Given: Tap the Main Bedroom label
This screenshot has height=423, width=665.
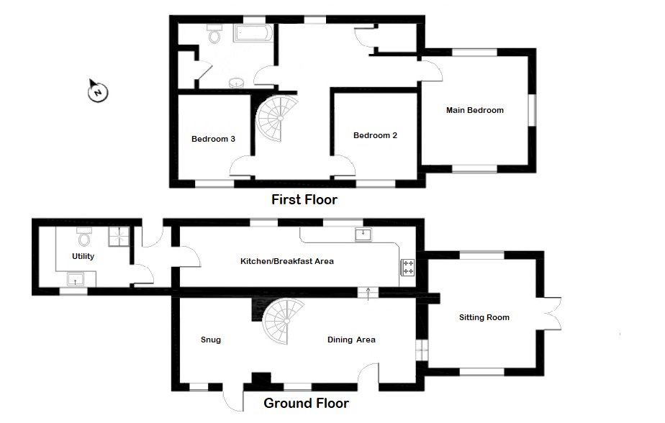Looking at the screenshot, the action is pos(474,110).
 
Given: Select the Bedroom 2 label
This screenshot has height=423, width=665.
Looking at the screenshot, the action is pos(375,135).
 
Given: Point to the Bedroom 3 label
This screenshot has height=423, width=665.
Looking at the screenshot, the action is pos(213,139).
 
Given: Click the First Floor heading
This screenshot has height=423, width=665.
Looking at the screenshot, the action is pos(304,200).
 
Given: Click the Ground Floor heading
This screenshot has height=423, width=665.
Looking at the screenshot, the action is pos(306,403).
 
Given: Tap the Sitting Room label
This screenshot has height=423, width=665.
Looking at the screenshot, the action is pos(484,317).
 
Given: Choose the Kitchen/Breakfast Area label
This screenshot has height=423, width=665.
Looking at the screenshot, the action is pos(286,262).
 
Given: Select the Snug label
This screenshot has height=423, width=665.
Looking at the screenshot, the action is pos(211,340).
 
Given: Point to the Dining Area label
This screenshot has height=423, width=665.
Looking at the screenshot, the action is pos(351,340).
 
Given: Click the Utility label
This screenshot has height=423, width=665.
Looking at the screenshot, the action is pos(83,256).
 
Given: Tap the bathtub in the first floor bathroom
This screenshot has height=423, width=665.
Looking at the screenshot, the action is pos(253,32).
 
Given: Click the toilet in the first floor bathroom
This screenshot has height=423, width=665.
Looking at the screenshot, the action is pos(215,34).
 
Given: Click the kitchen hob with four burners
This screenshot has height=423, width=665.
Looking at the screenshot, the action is pos(407,268).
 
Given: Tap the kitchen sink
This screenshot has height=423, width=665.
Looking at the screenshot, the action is pos(363,235).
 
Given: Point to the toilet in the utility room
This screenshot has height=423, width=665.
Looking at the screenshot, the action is pos(84,237).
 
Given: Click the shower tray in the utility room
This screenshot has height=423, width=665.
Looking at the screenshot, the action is pos(119,237).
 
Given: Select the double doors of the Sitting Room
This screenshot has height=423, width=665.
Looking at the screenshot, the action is pos(552,314).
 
